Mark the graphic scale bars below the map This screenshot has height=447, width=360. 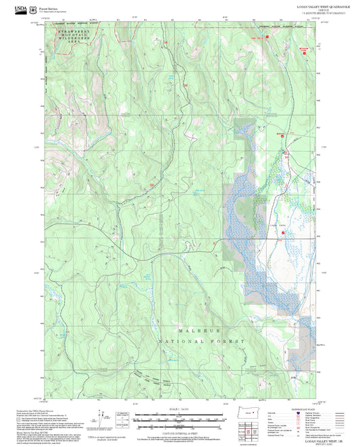179,420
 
